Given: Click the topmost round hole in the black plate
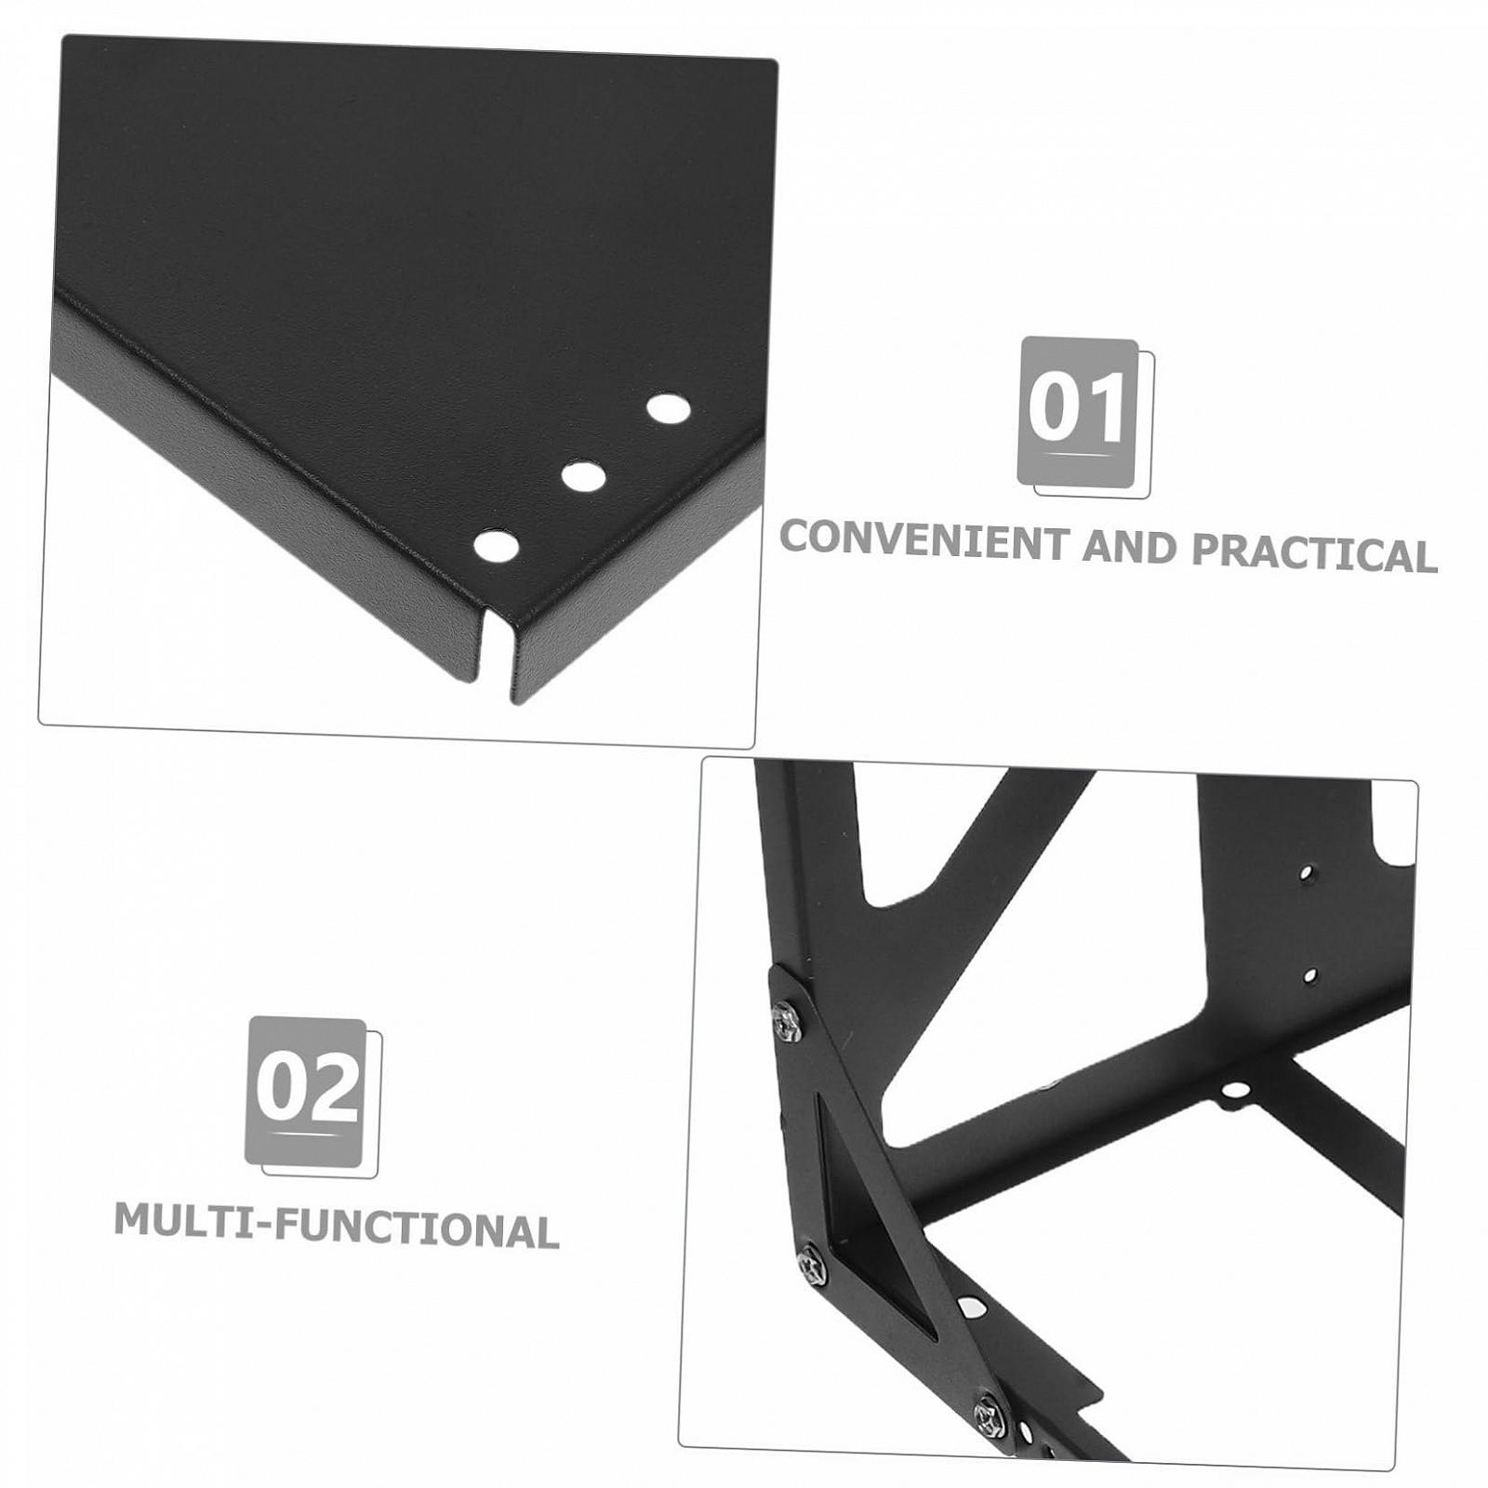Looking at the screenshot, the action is pyautogui.click(x=669, y=408).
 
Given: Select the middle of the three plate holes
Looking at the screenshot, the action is pyautogui.click(x=583, y=477).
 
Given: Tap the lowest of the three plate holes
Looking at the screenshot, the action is pyautogui.click(x=497, y=546).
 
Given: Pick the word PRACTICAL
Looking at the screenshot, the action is pyautogui.click(x=1314, y=552).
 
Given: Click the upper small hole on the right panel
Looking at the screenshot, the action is pyautogui.click(x=1307, y=874).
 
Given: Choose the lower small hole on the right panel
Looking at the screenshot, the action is pyautogui.click(x=1310, y=976).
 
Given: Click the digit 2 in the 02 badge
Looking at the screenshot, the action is pyautogui.click(x=335, y=1087).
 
